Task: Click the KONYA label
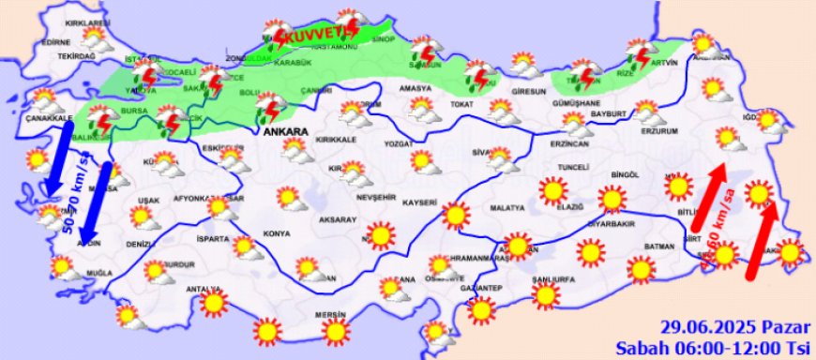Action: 277,233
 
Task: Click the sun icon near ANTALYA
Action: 215,303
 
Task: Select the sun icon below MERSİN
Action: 335,331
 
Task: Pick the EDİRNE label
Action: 56,42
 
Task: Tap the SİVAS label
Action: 483,152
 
